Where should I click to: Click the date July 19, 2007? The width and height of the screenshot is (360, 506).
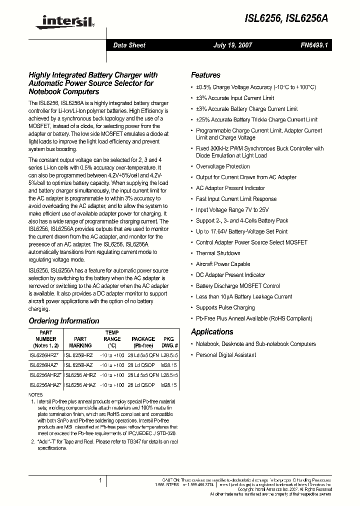coord(232,45)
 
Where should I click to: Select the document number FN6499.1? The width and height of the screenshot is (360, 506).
coord(313,45)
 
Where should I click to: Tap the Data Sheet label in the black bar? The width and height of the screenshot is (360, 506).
coord(129,45)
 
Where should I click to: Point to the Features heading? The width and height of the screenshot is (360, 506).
coord(205,75)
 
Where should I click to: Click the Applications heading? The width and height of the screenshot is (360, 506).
coord(212,331)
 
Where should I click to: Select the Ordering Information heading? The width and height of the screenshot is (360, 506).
coord(64,321)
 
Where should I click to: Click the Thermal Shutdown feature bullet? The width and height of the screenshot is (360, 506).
coord(218,253)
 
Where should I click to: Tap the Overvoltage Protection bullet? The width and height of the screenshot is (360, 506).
coord(222,166)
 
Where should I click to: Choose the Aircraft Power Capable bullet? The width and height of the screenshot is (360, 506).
coord(223,264)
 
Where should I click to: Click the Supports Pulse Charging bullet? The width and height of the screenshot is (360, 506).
coord(225,307)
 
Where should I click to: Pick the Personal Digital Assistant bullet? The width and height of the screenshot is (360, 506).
coord(225,355)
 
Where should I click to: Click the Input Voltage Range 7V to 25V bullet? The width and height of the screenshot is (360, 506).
coord(232,210)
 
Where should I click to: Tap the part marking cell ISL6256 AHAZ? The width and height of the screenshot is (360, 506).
coord(80,385)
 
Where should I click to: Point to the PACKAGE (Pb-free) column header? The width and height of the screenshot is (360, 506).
coord(143,342)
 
